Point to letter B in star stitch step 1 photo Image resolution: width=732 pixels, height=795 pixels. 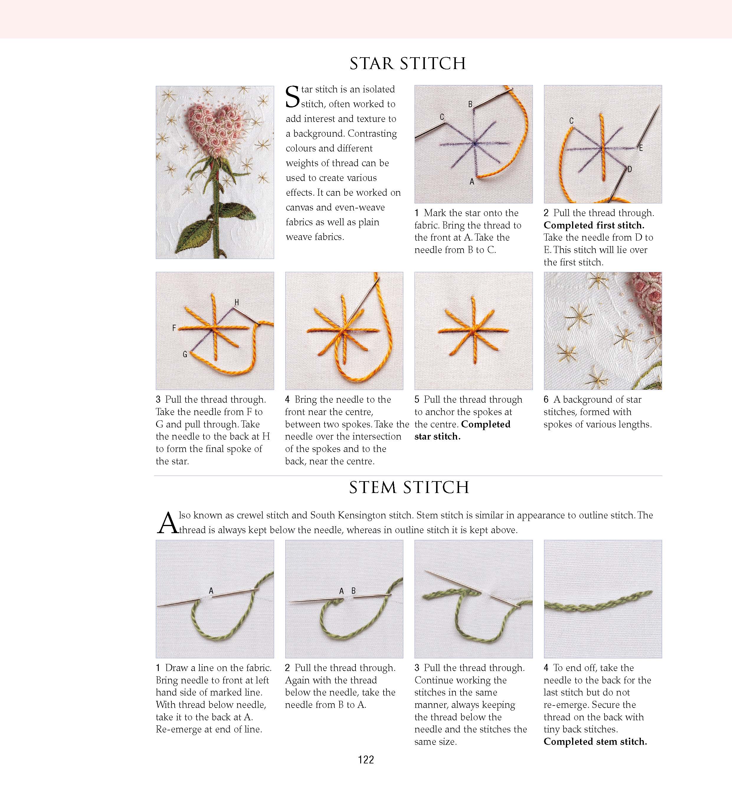(470, 104)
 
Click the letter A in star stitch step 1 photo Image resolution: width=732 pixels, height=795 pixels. (471, 182)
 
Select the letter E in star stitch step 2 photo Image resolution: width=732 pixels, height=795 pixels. (641, 148)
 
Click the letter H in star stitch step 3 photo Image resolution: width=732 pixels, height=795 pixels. (236, 302)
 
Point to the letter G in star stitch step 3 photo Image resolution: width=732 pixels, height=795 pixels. (185, 354)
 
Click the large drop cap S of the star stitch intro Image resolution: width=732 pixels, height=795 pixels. (292, 97)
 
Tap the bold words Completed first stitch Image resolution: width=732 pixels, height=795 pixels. (593, 225)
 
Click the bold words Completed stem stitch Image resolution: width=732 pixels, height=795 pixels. (595, 742)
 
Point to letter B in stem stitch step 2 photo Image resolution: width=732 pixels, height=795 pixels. (353, 590)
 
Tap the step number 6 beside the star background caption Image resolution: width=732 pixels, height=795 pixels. (546, 399)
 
